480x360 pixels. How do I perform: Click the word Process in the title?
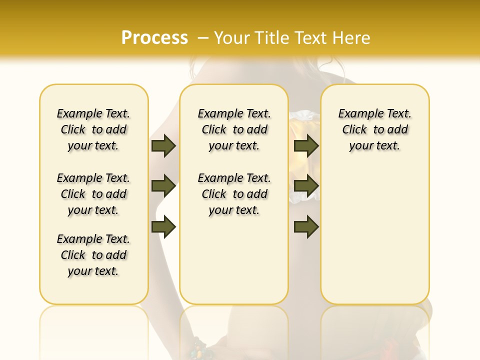(x=154, y=37)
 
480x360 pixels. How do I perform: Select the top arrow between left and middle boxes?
(x=163, y=145)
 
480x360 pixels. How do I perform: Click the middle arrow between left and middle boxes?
(x=163, y=186)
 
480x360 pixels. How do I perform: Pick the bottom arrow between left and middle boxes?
(x=163, y=227)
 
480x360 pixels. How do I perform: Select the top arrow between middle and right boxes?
(x=306, y=145)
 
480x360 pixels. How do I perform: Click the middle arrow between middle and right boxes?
(x=306, y=186)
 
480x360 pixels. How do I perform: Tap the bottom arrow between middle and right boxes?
(x=306, y=227)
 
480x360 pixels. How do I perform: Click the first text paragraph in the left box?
(x=93, y=129)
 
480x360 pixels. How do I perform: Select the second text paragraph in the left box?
(x=93, y=194)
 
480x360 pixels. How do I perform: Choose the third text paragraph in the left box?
(x=93, y=255)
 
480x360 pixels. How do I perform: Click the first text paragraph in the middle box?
(x=234, y=129)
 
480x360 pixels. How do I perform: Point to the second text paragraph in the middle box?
(x=234, y=194)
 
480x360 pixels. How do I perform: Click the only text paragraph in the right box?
(x=374, y=129)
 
